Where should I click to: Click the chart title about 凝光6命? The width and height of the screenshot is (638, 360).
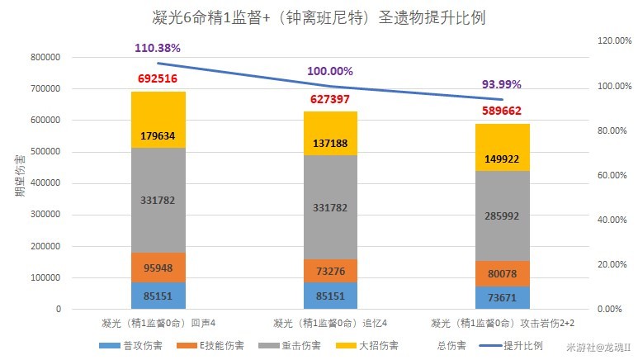(318, 18)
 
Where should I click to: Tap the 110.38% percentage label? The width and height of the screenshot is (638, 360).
(157, 48)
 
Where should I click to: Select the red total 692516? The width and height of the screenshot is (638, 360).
(158, 78)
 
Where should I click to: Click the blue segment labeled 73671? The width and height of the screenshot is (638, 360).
(503, 297)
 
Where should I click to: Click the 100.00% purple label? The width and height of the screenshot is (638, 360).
(330, 72)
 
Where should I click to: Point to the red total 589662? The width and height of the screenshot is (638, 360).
(503, 110)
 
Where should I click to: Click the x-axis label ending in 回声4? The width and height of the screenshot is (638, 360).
(157, 322)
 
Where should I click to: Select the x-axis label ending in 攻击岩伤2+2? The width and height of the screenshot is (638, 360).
(503, 322)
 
